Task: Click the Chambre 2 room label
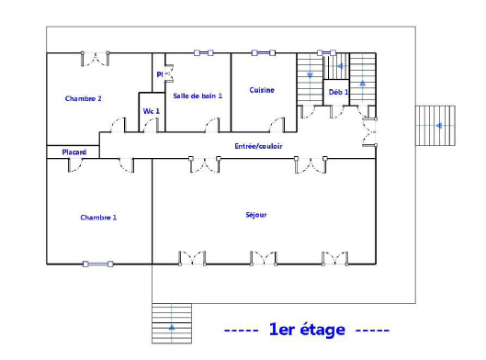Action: [x=83, y=98]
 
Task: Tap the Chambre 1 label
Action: [x=98, y=218]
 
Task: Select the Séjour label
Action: [x=256, y=215]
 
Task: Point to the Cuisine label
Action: [x=262, y=90]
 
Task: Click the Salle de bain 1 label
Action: [x=198, y=96]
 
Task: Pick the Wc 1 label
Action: [x=152, y=111]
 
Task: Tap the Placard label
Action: [x=74, y=152]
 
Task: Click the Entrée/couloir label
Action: [x=258, y=146]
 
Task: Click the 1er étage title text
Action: [x=307, y=329]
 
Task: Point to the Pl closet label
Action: [x=160, y=74]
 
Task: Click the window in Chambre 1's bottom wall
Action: [x=98, y=264]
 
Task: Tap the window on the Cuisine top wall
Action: [x=264, y=53]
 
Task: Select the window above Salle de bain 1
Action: [x=204, y=53]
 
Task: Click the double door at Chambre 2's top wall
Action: [x=96, y=59]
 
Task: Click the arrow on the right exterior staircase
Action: [x=439, y=126]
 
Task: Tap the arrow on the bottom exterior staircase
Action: [x=172, y=327]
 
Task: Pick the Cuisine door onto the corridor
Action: [x=277, y=125]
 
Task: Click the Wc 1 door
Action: [x=151, y=125]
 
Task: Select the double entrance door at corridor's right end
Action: [x=369, y=132]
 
